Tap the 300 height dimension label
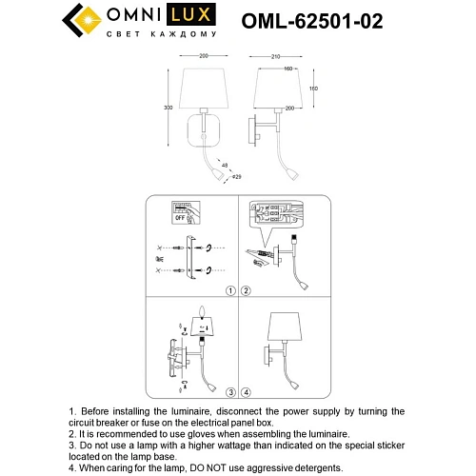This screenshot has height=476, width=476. click(x=167, y=109)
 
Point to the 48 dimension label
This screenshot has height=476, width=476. click(x=225, y=165)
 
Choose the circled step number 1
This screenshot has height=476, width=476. click(x=229, y=289)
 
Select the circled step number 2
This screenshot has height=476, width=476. click(x=246, y=289)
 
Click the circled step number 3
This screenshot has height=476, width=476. click(x=229, y=391)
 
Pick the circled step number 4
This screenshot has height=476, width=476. click(x=246, y=391)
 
